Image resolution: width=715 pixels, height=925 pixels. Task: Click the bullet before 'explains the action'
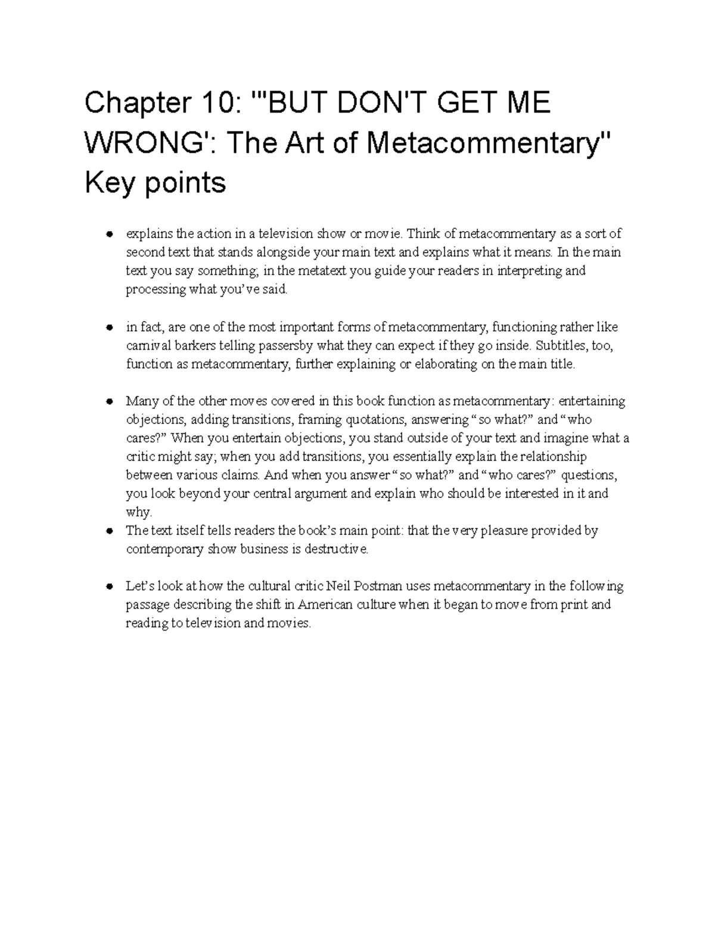pyautogui.click(x=109, y=234)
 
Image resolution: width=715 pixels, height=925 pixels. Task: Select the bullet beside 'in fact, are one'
pyautogui.click(x=109, y=328)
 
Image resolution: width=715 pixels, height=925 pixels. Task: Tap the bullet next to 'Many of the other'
pyautogui.click(x=109, y=401)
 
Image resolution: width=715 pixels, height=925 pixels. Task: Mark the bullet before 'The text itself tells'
pyautogui.click(x=109, y=531)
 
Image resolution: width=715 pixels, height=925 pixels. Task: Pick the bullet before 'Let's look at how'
pyautogui.click(x=109, y=587)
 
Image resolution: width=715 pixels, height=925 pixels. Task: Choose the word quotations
pyautogui.click(x=375, y=420)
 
